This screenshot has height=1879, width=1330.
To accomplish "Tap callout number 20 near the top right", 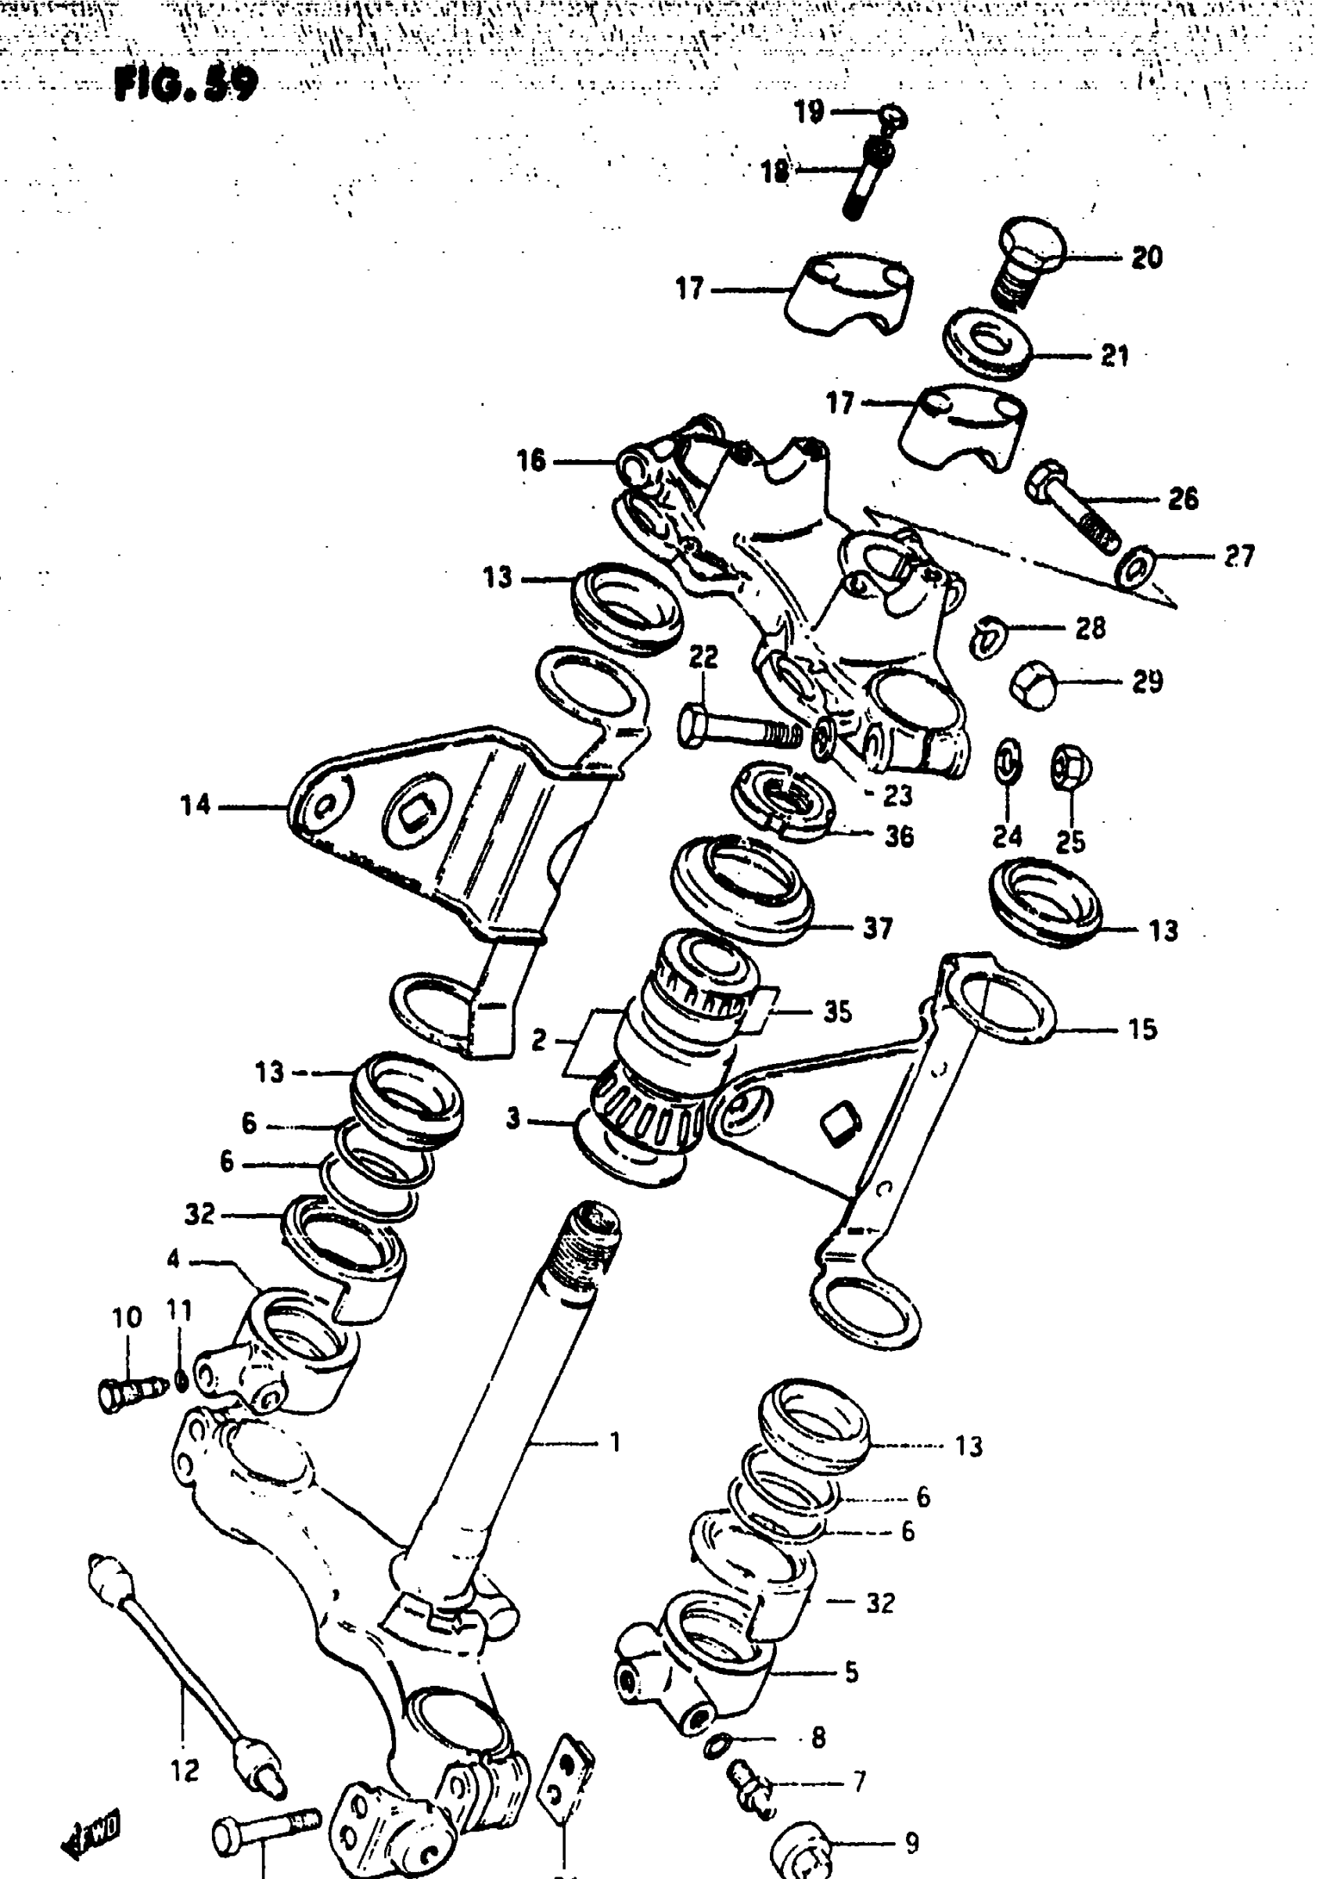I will [x=1147, y=257].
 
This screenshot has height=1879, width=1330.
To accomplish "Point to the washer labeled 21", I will [x=987, y=343].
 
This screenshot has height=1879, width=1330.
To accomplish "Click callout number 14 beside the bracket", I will [x=196, y=806].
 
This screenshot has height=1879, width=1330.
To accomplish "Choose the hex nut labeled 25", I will [x=1069, y=767].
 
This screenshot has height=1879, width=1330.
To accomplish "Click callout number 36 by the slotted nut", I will [x=899, y=836].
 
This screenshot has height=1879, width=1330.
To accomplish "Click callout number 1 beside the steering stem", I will [x=615, y=1442].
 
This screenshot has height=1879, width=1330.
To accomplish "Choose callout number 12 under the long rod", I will [x=185, y=1772].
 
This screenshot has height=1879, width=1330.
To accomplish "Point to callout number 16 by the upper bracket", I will [x=531, y=461].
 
